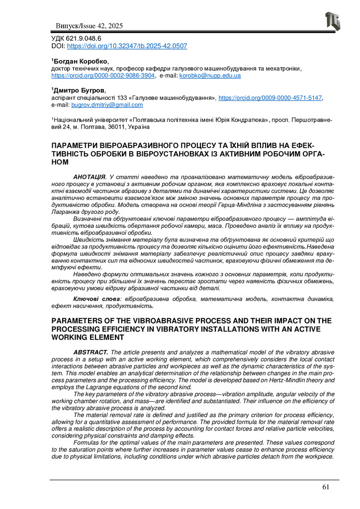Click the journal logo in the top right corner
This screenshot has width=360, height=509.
click(x=333, y=21)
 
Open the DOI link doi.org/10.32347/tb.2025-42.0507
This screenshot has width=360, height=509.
click(x=127, y=46)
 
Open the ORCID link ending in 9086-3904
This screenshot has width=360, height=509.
click(x=103, y=76)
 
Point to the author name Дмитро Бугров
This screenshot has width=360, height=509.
click(x=80, y=91)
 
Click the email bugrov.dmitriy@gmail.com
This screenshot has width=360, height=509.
click(x=107, y=105)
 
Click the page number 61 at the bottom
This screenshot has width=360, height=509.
click(x=326, y=487)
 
